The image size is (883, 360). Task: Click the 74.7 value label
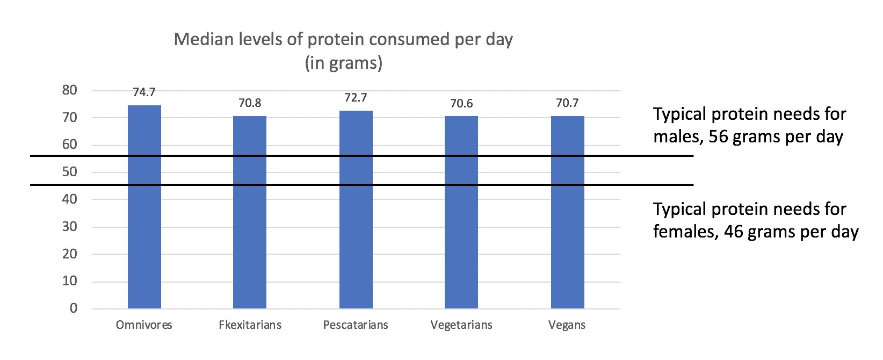[144, 92]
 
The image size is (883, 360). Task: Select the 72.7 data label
[356, 98]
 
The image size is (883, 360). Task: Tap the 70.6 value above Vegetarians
[461, 103]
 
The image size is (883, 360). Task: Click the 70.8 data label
[250, 103]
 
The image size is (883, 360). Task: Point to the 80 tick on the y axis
[70, 90]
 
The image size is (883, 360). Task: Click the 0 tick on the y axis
[74, 308]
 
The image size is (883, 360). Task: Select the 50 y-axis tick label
[70, 172]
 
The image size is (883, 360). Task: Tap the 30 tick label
[70, 227]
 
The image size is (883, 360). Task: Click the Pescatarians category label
[356, 325]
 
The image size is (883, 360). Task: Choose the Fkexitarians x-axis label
[250, 325]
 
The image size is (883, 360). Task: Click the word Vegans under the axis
[567, 325]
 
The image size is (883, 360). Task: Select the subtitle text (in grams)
[343, 63]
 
